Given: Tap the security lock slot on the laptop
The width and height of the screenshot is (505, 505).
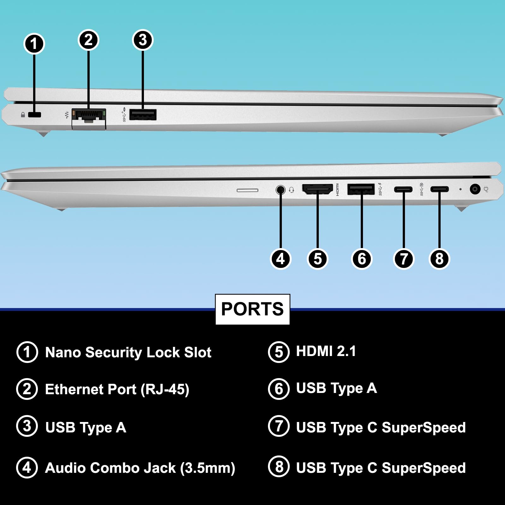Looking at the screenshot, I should point(34,115).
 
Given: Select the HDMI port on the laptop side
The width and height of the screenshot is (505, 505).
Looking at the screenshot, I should point(318,189).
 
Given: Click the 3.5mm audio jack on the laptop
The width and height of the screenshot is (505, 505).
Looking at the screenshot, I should point(280,190).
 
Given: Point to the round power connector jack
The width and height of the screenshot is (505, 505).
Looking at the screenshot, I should point(475,189).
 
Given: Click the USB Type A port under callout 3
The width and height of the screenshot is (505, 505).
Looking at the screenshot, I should point(143,115).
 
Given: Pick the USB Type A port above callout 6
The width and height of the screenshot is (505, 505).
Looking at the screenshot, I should point(361,189).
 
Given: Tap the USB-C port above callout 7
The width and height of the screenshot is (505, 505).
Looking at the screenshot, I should point(403,189).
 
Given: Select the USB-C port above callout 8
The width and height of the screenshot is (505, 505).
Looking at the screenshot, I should point(439,189).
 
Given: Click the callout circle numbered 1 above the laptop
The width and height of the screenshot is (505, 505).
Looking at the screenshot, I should point(34,44).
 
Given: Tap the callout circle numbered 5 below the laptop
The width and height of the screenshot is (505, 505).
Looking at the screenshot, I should point(318,259).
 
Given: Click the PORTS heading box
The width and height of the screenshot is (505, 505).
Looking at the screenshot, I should point(252,309).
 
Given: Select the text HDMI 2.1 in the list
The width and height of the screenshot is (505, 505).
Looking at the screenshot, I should point(326,351).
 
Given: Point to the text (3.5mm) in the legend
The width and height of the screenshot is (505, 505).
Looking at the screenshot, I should point(207,468).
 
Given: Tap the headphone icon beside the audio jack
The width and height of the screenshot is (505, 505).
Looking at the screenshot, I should point(291,190).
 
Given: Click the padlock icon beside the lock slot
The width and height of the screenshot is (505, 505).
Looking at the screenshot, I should point(23,115).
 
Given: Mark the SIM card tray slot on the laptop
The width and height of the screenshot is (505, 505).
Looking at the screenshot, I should point(247,190).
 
